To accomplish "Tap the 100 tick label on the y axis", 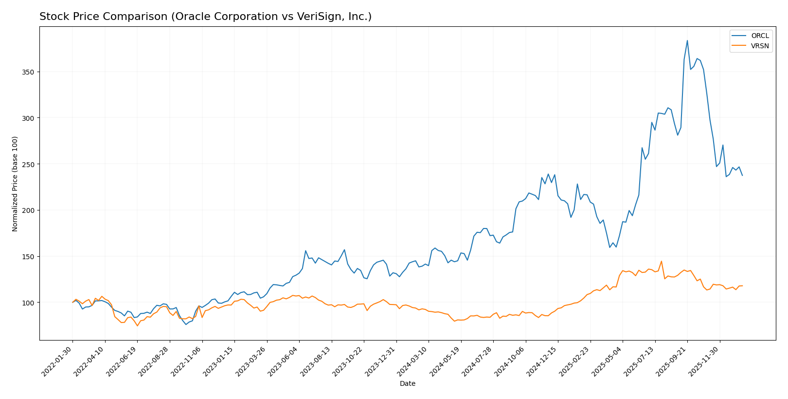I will click(x=27, y=303).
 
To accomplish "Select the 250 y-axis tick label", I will click(x=27, y=164).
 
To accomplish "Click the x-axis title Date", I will click(x=407, y=384).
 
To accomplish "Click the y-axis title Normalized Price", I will click(x=15, y=184).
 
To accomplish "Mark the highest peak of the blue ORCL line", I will click(x=687, y=40).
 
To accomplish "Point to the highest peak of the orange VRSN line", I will click(x=661, y=261).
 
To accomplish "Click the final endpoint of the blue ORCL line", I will click(x=742, y=175).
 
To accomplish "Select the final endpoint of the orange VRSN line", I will click(x=742, y=286).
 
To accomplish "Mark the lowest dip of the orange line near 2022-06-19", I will click(x=137, y=325).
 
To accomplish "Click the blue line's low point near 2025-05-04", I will click(x=609, y=247).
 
